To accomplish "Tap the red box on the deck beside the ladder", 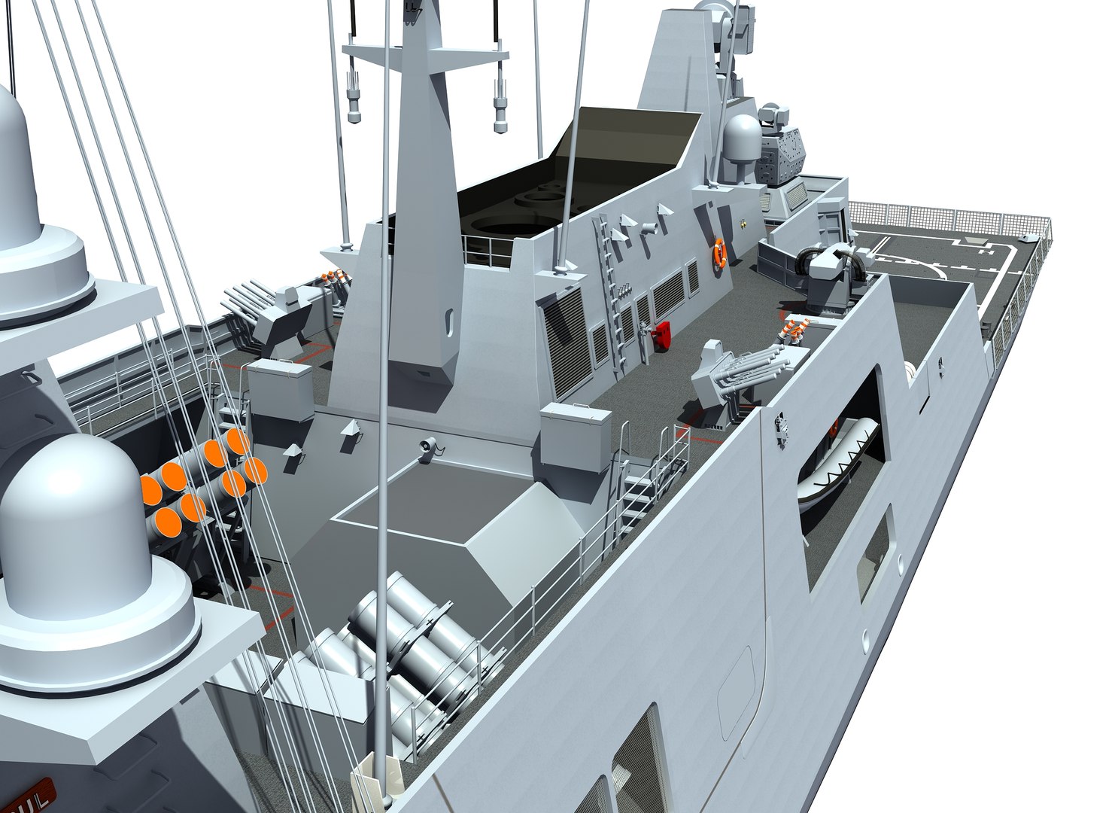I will pos(663,333).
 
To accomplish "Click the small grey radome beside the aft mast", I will pos(743,143).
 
